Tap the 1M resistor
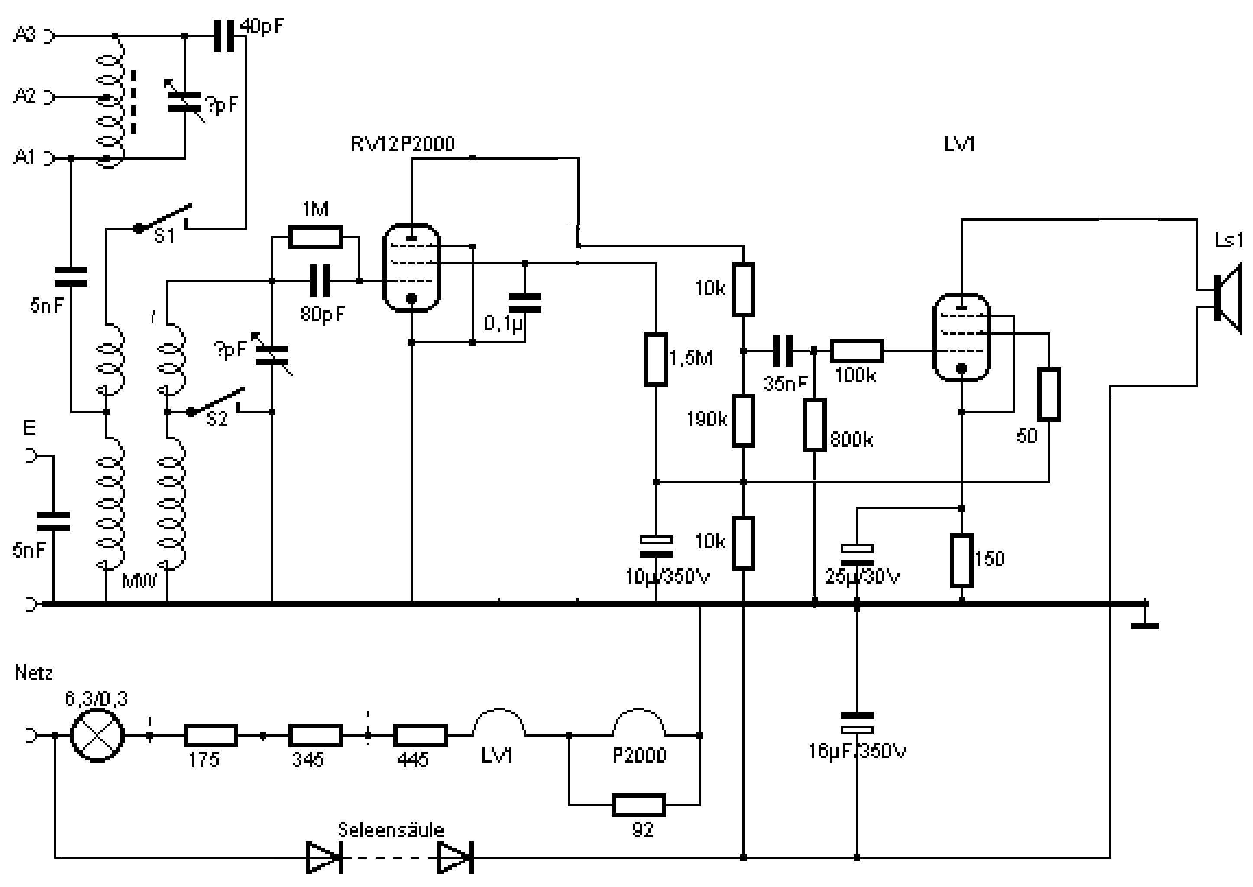(x=315, y=237)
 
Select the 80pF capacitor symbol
(x=320, y=281)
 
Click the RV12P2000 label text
(x=402, y=143)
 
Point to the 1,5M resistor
(x=656, y=359)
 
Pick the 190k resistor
(x=743, y=421)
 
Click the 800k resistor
(x=814, y=424)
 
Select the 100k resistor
(x=857, y=351)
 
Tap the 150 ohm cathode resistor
(x=962, y=561)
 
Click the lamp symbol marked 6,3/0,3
(x=97, y=735)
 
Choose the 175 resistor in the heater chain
(x=210, y=735)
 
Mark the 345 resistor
(x=315, y=735)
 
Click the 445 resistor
(x=420, y=735)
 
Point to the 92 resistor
(x=638, y=805)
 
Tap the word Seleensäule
(x=391, y=830)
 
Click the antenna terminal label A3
(x=25, y=35)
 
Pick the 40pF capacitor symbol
(x=224, y=36)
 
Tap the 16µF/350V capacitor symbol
(x=857, y=722)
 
